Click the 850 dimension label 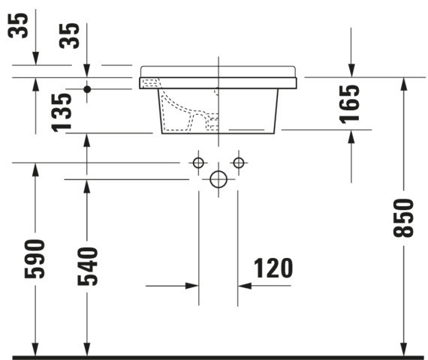404,218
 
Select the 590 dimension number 35,259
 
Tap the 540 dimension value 87,266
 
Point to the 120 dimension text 273,268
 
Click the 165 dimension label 349,104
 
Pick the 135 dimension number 62,112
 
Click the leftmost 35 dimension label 18,25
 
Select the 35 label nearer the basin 69,36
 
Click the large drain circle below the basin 219,179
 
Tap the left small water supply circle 198,163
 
